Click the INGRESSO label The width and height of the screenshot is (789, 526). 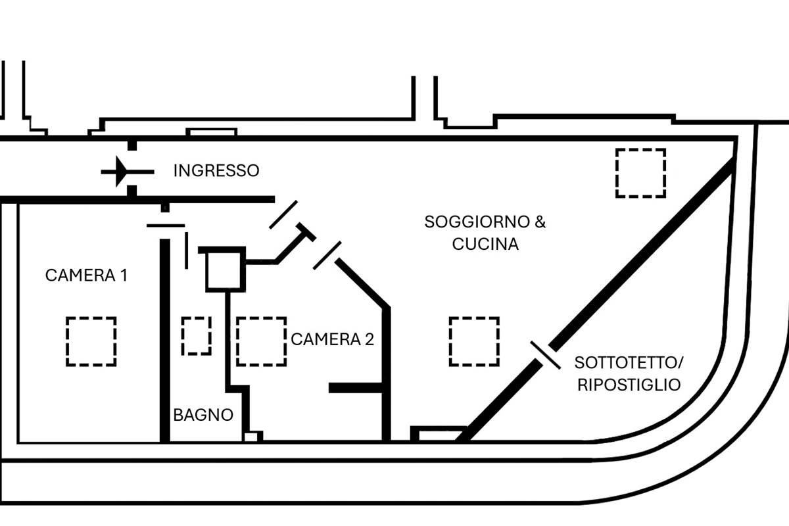(216, 171)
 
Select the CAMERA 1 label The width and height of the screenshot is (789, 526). (85, 275)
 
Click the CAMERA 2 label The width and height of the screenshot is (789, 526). (332, 339)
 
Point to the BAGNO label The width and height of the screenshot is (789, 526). (203, 416)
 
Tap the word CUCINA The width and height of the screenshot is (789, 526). (485, 244)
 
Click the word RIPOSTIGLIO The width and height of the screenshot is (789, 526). (629, 385)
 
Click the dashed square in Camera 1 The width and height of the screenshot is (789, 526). (91, 341)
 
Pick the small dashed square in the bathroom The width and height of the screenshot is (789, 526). (196, 335)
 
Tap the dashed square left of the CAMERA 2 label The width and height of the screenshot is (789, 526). (261, 341)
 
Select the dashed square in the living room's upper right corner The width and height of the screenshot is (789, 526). (640, 173)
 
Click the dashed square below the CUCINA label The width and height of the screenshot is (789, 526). (474, 341)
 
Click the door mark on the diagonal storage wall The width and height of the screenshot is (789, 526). (546, 355)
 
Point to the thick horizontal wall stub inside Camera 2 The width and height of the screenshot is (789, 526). (356, 388)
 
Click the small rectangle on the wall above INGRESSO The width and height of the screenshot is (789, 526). (211, 132)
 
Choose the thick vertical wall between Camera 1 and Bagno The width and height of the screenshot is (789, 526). (165, 339)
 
